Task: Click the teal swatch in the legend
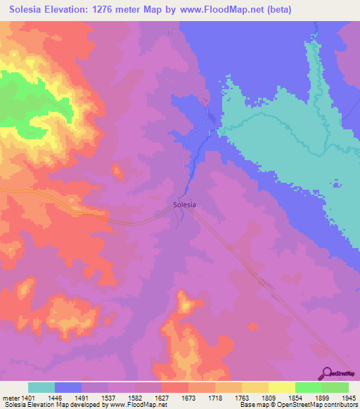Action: (x=41, y=387)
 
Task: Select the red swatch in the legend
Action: (x=174, y=387)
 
